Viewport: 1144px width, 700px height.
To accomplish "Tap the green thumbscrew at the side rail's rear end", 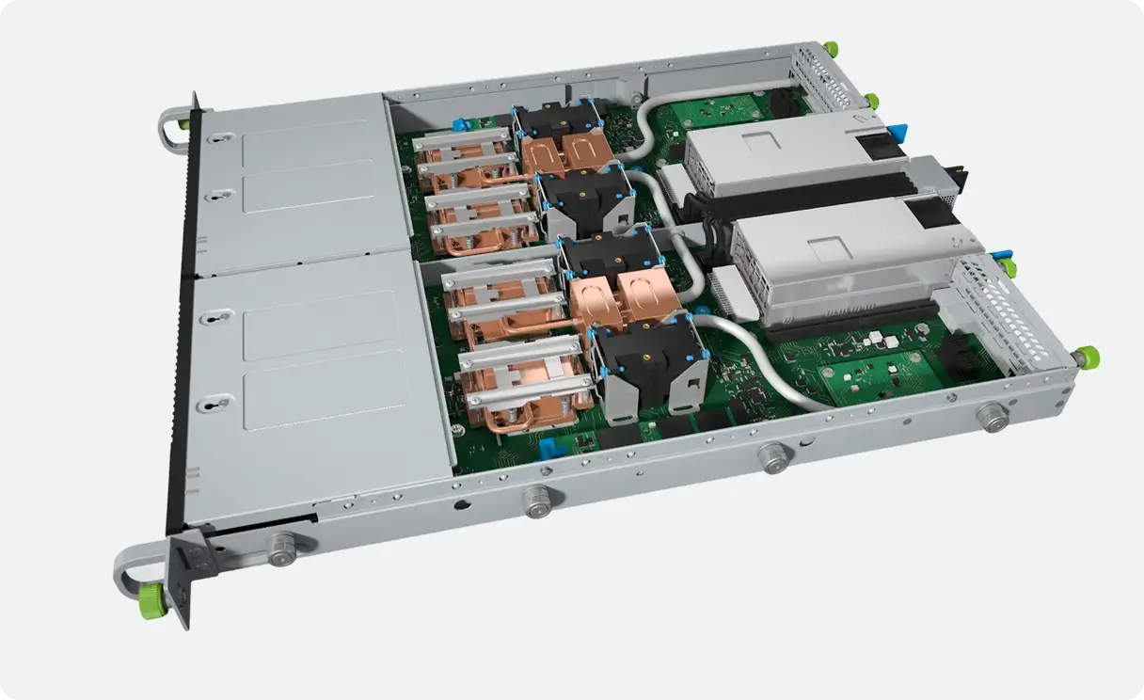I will click(1088, 357).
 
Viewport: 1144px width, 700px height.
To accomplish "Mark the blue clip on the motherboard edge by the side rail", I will click(550, 445).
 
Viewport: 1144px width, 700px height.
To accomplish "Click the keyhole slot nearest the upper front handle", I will click(218, 140).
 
